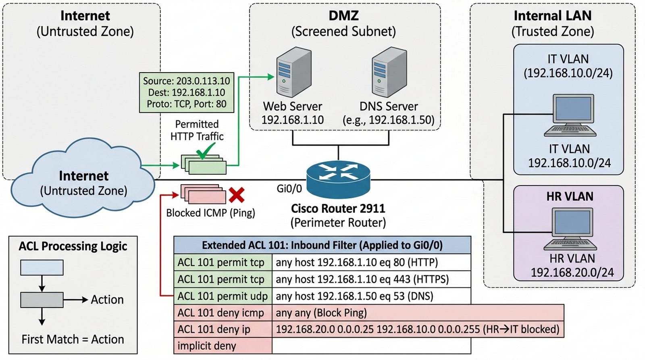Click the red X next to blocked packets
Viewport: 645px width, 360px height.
coord(237,195)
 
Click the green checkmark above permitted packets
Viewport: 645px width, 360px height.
coord(205,152)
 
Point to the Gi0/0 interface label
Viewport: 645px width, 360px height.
coord(289,188)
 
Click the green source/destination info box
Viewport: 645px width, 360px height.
coord(186,92)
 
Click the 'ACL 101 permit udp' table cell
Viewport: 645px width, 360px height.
coord(223,296)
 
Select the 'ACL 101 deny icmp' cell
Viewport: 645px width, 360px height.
coord(223,313)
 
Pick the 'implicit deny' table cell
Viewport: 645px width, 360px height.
coord(223,346)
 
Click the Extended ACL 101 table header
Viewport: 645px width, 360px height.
coord(322,245)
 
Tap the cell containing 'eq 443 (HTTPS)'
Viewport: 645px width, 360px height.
coord(371,279)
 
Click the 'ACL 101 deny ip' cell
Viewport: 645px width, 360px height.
coord(223,329)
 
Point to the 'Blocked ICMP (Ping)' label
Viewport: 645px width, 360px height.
coord(210,213)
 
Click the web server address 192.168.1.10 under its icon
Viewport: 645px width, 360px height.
coord(292,120)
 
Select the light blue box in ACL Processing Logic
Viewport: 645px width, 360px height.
coord(42,268)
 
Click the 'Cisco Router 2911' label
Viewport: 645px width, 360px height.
coord(338,208)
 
